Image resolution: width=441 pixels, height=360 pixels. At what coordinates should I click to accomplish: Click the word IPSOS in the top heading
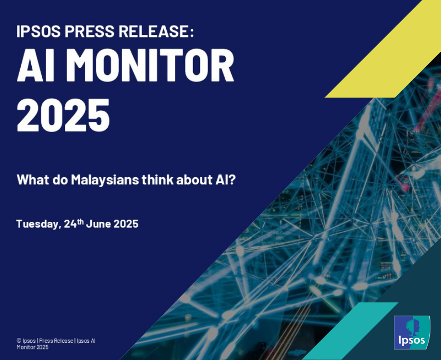(x=38, y=32)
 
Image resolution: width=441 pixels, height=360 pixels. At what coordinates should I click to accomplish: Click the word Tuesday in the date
(x=37, y=224)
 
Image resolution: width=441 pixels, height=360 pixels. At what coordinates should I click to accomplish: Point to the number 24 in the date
(x=70, y=224)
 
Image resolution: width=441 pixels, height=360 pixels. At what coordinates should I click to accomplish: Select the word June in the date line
(x=98, y=224)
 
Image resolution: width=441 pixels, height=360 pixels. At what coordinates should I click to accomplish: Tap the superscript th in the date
(x=81, y=221)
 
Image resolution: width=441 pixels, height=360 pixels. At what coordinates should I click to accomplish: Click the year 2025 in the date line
(x=126, y=224)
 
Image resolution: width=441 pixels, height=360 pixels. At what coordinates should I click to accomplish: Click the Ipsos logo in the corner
(x=412, y=332)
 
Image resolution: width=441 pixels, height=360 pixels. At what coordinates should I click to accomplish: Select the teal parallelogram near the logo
(x=351, y=331)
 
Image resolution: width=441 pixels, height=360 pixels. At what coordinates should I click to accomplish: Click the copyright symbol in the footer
(x=19, y=341)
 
